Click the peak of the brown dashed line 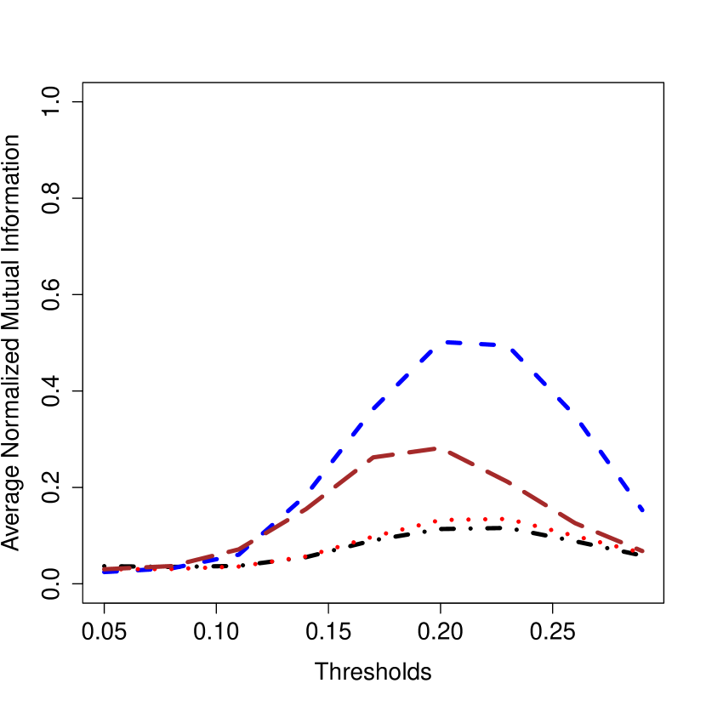436,448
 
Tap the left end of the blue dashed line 104,572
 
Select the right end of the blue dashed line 643,511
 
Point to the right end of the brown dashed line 642,551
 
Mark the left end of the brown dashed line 104,569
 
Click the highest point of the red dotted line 486,519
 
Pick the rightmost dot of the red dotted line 639,550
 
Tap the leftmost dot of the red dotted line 105,570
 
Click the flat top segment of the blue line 476,344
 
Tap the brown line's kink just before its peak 374,458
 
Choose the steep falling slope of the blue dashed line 578,417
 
